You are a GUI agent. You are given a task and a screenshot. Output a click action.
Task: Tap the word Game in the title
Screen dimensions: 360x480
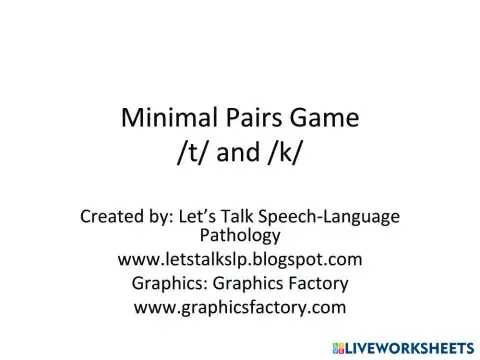pos(321,120)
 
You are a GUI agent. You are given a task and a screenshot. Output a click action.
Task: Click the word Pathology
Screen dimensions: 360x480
pos(240,237)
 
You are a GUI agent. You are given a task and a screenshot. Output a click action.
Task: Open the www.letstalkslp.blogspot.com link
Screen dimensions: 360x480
pos(240,260)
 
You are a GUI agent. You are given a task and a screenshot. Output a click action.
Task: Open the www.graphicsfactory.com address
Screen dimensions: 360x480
pos(240,307)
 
